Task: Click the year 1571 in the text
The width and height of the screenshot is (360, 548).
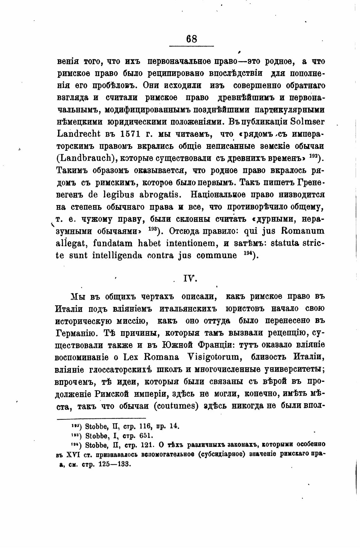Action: point(130,134)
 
